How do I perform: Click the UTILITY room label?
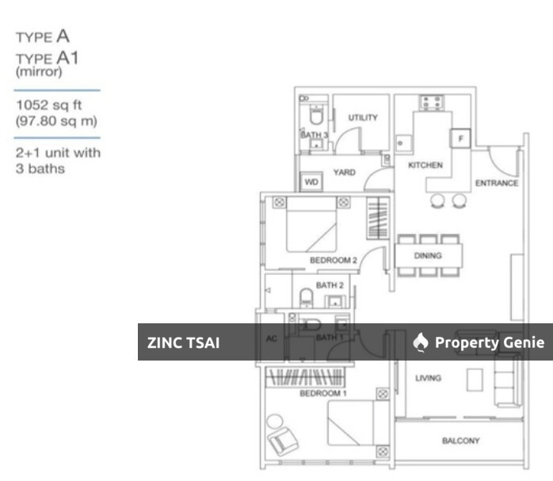[x=363, y=118]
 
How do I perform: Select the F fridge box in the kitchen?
[x=459, y=139]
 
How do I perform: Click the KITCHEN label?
[x=425, y=166]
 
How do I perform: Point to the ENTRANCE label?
[x=496, y=183]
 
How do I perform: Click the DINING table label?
[x=428, y=256]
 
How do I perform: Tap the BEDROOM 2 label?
[x=334, y=260]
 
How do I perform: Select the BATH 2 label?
[x=329, y=285]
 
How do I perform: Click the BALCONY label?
[x=460, y=441]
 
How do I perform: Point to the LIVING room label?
[x=428, y=379]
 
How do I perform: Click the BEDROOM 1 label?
[x=322, y=394]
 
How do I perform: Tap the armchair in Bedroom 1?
[x=282, y=436]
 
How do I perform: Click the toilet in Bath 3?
[x=315, y=117]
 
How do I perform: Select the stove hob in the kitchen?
[x=430, y=101]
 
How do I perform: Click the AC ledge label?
[x=270, y=338]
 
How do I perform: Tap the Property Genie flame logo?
[x=421, y=342]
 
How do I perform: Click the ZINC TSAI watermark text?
[x=184, y=343]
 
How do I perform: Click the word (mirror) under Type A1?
[x=38, y=71]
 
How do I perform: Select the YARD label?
[x=344, y=172]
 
